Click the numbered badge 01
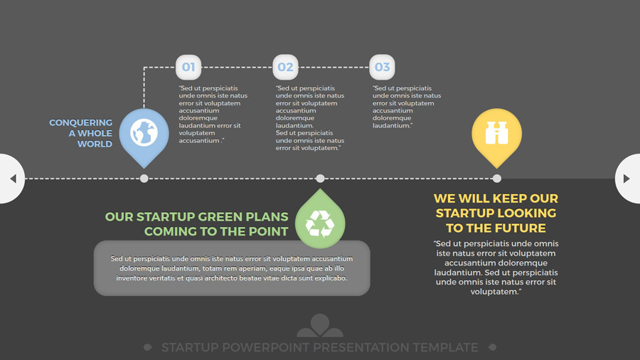coord(188,67)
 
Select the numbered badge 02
coord(285,67)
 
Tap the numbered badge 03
coord(382,67)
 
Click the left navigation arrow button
coord(12,179)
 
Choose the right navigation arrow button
coord(627,179)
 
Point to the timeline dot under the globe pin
coord(144,179)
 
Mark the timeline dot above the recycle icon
coord(321,179)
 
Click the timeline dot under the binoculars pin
coord(497,179)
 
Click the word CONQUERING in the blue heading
coord(81,122)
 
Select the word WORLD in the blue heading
coord(95,144)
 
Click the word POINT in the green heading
coord(269,231)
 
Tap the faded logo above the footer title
coord(320,325)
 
